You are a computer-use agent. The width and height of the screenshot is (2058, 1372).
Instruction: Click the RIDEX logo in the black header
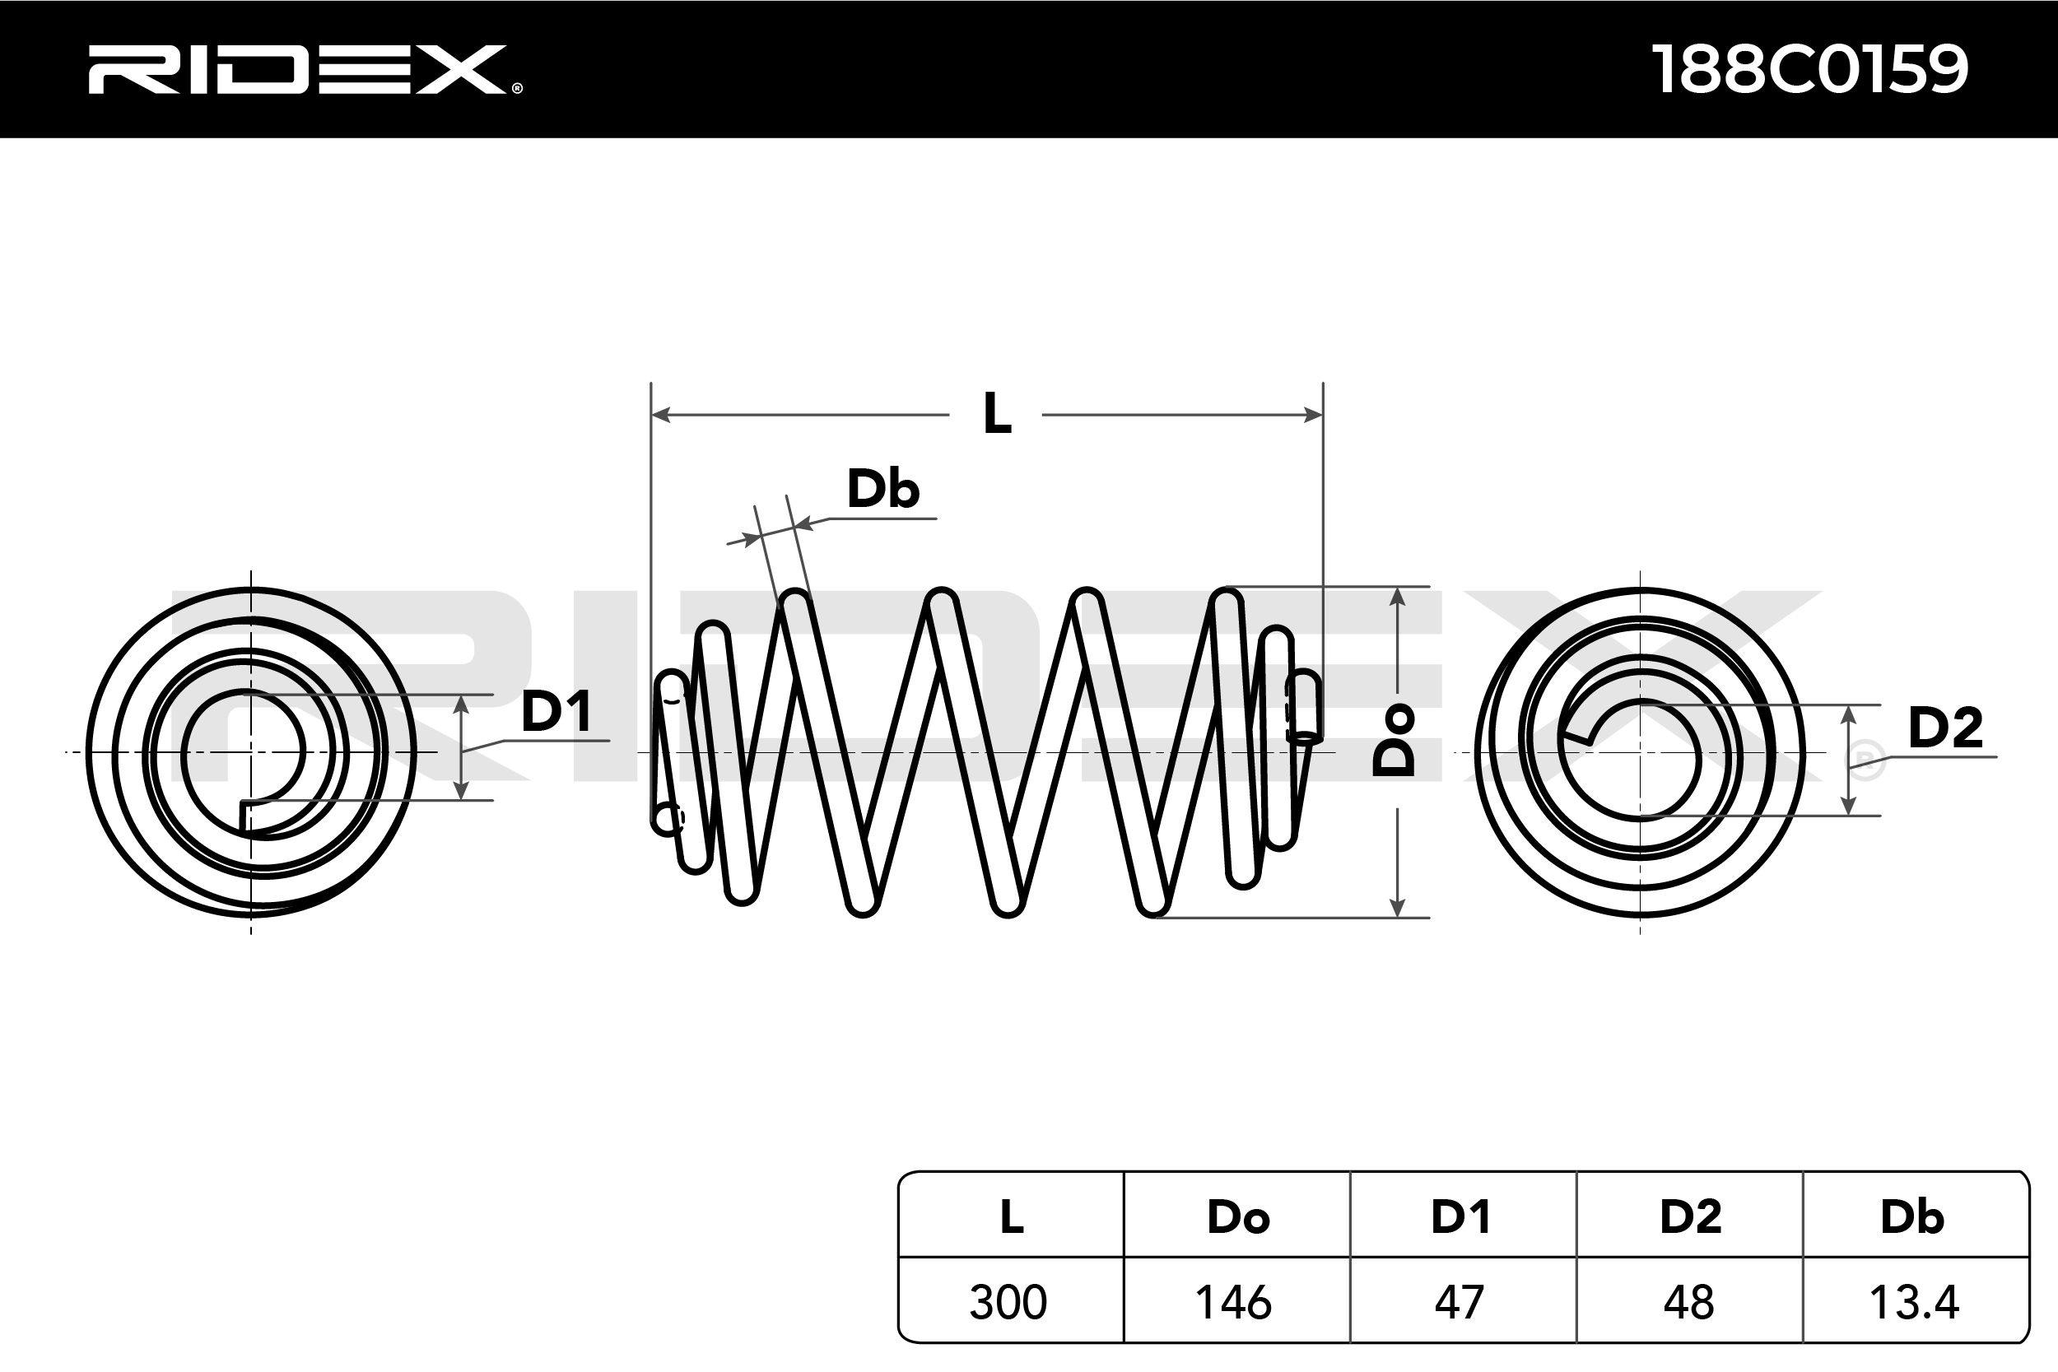point(305,69)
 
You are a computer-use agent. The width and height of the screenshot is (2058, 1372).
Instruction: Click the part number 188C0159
point(1809,69)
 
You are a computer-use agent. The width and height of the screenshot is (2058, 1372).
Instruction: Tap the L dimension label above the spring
point(997,414)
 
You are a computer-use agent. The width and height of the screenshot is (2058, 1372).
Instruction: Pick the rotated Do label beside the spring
point(1394,739)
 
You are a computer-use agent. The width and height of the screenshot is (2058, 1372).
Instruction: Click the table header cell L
point(1012,1216)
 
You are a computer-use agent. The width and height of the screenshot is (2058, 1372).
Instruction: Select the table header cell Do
point(1237,1217)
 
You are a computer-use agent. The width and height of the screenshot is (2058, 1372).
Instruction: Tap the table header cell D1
point(1461,1217)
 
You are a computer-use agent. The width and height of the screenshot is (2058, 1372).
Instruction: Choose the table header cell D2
point(1691,1217)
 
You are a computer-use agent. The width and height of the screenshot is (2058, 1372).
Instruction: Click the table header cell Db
point(1913,1217)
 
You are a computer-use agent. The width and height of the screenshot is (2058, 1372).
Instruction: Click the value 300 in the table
point(1008,1302)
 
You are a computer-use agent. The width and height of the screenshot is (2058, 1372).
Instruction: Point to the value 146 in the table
point(1234,1302)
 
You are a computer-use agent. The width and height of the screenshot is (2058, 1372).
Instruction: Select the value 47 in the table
point(1460,1302)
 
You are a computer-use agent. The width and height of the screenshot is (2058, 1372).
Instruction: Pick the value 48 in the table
point(1688,1302)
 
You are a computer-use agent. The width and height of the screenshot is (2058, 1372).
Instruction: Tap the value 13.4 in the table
point(1914,1302)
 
